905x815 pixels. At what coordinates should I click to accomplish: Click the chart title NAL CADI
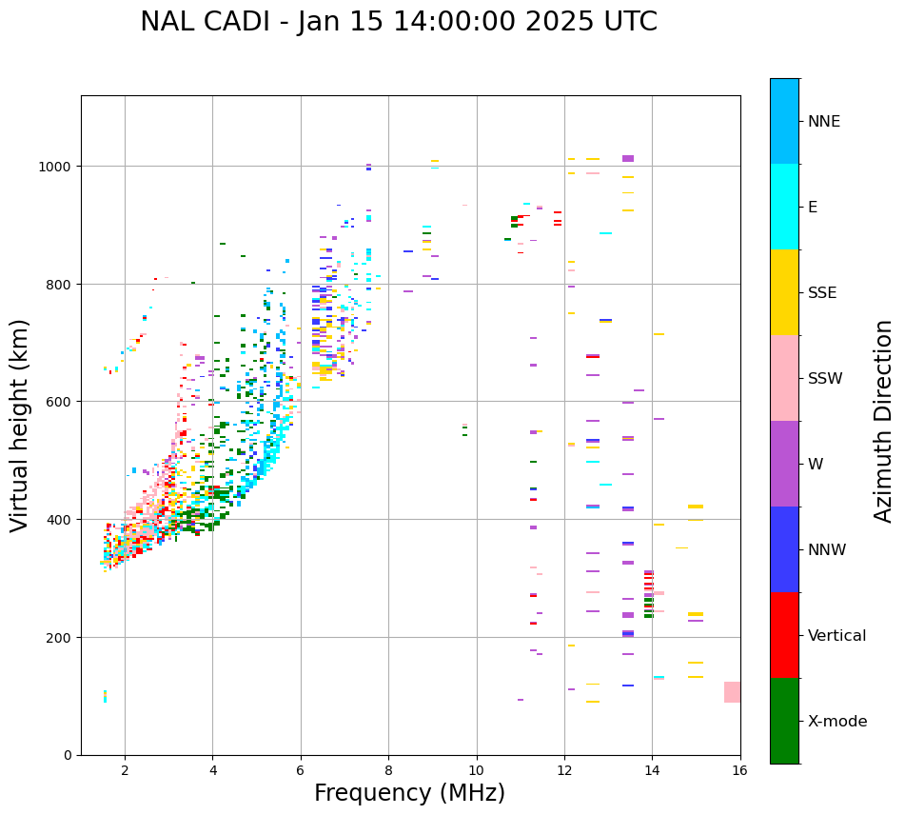coord(205,22)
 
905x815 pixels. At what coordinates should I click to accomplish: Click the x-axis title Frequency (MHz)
coord(409,793)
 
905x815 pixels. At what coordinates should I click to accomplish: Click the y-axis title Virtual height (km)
coord(20,425)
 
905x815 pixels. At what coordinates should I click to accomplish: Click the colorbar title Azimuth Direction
coord(883,421)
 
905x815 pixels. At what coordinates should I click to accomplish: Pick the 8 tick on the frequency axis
coord(388,771)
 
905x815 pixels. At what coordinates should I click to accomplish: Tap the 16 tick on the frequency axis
coord(739,771)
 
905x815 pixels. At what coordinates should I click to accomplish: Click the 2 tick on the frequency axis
coord(125,771)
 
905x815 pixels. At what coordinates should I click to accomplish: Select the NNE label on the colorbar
coord(823,122)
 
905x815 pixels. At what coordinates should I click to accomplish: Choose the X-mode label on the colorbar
coord(837,722)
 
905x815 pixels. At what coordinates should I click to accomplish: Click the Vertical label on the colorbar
coord(837,636)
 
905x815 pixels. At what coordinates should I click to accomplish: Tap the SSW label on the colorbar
coord(825,379)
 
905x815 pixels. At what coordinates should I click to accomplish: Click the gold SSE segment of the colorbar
coord(784,292)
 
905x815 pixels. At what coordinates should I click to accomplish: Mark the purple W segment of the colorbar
coord(784,464)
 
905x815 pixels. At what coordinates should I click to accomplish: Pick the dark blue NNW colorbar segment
coord(784,549)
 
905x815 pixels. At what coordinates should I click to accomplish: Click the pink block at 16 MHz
coord(732,692)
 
